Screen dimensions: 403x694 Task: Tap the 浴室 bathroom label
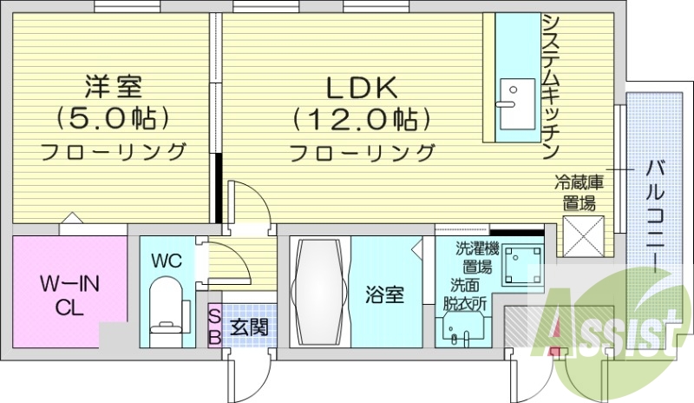point(384,295)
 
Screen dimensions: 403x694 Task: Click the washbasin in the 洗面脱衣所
point(460,331)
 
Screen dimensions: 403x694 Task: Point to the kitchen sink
point(517,93)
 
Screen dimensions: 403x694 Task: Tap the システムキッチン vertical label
point(550,87)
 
